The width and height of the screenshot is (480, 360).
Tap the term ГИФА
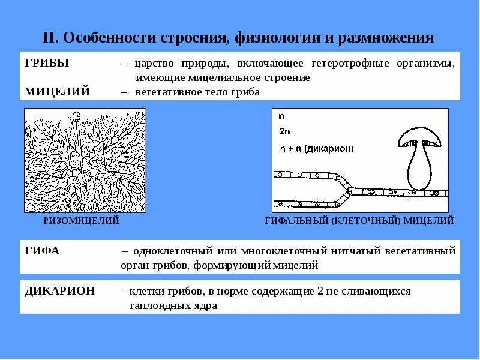click(42, 251)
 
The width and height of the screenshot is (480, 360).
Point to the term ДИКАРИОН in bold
click(60, 291)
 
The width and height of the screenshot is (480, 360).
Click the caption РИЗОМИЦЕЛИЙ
click(82, 221)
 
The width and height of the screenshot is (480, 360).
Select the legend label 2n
click(284, 131)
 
